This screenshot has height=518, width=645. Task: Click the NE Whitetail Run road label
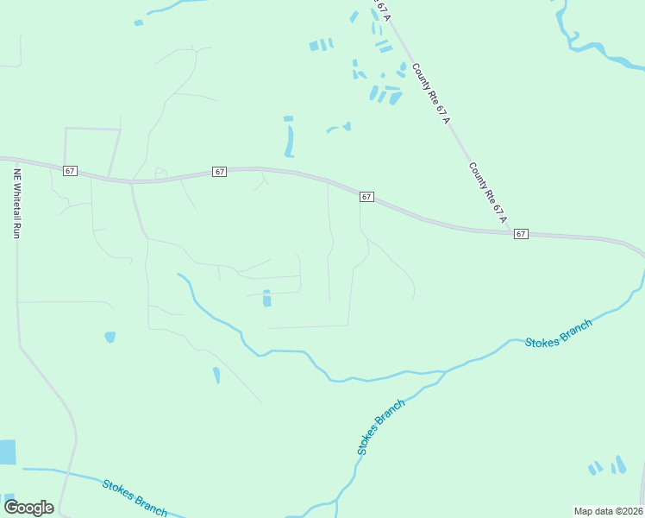[x=16, y=203]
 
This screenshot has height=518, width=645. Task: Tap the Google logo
[x=28, y=508]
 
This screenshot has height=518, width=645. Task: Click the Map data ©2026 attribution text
[x=609, y=510]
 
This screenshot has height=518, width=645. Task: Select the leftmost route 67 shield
[x=70, y=171]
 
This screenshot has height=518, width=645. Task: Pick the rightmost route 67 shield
[x=520, y=234]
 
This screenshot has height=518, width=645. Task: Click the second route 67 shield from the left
[x=219, y=172]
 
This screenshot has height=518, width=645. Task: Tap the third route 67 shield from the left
[x=366, y=197]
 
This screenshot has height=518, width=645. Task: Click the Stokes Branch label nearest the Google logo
[x=135, y=497]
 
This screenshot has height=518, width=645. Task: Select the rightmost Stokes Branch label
[x=559, y=332]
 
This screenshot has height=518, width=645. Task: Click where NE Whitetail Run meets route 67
[x=16, y=160]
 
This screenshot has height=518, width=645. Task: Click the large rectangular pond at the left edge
[x=7, y=452]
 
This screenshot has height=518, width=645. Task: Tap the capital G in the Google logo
[x=12, y=507]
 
